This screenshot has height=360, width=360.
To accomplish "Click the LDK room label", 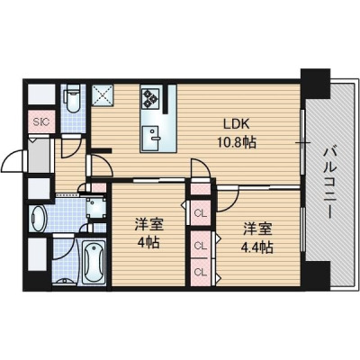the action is click(237, 123).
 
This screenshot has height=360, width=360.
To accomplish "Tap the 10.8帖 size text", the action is click(237, 142).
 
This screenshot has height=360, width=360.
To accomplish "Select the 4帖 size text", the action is click(148, 242).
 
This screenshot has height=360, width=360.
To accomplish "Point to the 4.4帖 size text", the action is click(257, 247).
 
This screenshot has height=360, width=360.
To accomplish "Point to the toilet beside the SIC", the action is click(73, 98).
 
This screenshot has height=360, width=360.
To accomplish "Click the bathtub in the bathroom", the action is click(94, 262).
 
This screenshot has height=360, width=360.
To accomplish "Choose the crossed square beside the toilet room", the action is click(103, 95).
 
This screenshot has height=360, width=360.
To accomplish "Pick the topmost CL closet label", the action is click(201, 213).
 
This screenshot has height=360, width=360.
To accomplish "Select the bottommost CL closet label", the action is click(201, 272).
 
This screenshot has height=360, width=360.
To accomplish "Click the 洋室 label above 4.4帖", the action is click(257, 229).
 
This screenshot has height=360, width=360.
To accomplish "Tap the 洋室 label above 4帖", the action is click(148, 225).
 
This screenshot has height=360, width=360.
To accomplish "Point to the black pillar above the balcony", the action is click(315, 84).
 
